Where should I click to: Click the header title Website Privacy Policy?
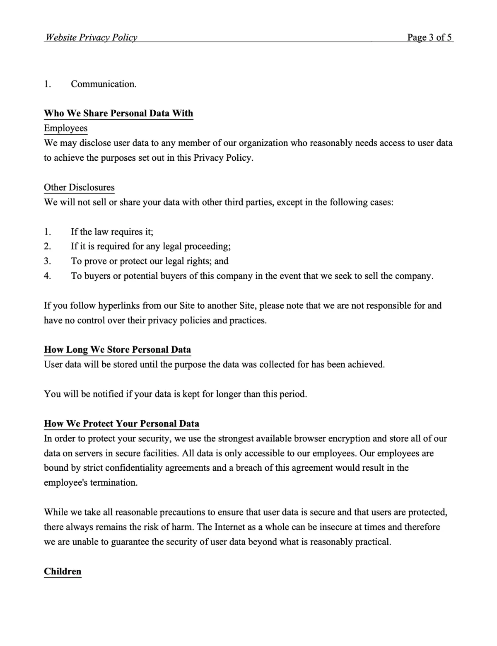[x=91, y=37]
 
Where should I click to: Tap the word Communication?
[x=104, y=84]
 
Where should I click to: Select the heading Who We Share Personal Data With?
[x=118, y=114]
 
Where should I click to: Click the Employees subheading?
[x=65, y=128]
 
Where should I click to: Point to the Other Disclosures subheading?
[x=79, y=187]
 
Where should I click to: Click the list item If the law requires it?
[x=112, y=232]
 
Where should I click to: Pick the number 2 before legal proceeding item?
[x=47, y=247]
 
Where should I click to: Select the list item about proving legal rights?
[x=150, y=261]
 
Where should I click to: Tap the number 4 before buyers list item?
[x=47, y=276]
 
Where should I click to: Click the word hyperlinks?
[x=119, y=306]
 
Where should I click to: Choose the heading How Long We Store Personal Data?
[x=117, y=350]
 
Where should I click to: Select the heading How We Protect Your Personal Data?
[x=121, y=424]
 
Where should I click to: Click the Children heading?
[x=63, y=571]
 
